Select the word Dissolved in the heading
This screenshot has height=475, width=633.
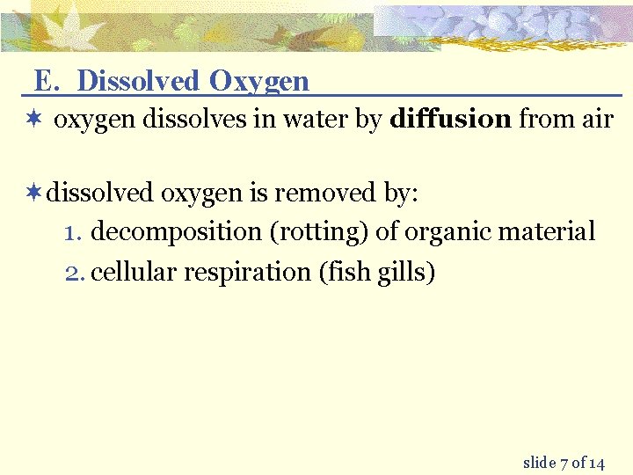(x=139, y=81)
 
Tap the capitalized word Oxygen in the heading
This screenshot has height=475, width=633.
(x=259, y=82)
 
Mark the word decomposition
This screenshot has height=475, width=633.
(x=176, y=232)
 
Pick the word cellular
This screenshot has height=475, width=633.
(x=134, y=273)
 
